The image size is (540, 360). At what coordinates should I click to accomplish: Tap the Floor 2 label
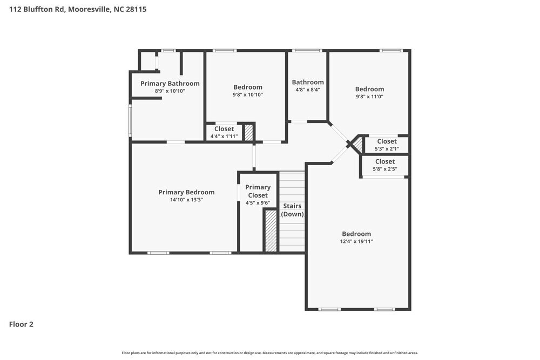[21, 324]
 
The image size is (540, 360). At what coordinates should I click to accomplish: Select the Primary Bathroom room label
[170, 83]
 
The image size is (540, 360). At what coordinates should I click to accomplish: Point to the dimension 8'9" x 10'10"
[170, 91]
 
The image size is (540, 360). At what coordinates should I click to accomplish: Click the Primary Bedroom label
[186, 192]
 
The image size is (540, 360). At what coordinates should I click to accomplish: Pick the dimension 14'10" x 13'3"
[186, 200]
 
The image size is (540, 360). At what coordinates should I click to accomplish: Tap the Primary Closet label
[258, 191]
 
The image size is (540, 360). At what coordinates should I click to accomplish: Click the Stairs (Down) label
[292, 210]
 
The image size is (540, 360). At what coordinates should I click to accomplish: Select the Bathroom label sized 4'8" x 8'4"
[308, 83]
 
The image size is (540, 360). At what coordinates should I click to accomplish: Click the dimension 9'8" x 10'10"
[248, 95]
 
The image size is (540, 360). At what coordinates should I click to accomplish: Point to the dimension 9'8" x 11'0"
[369, 97]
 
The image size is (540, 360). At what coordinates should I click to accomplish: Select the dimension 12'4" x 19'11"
[356, 242]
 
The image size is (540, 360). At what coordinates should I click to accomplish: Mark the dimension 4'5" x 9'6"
[258, 203]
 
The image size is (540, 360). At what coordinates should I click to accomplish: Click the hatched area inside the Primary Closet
[271, 231]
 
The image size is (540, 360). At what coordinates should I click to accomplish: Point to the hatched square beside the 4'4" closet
[249, 133]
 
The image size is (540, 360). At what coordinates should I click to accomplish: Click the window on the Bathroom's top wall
[307, 51]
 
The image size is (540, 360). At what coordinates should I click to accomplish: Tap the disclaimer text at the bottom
[269, 353]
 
